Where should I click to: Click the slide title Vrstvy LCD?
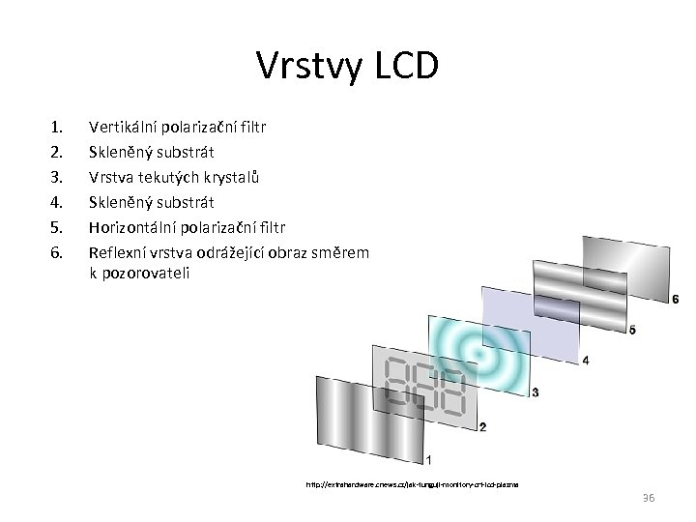(348, 66)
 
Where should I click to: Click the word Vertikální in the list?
(123, 126)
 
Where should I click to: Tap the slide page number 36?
(647, 497)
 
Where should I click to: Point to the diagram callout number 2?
(482, 426)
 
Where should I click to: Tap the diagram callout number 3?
(535, 392)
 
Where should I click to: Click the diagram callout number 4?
(586, 361)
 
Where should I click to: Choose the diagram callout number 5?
(632, 331)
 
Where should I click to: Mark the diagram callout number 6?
(675, 300)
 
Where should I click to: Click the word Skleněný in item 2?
(120, 152)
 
